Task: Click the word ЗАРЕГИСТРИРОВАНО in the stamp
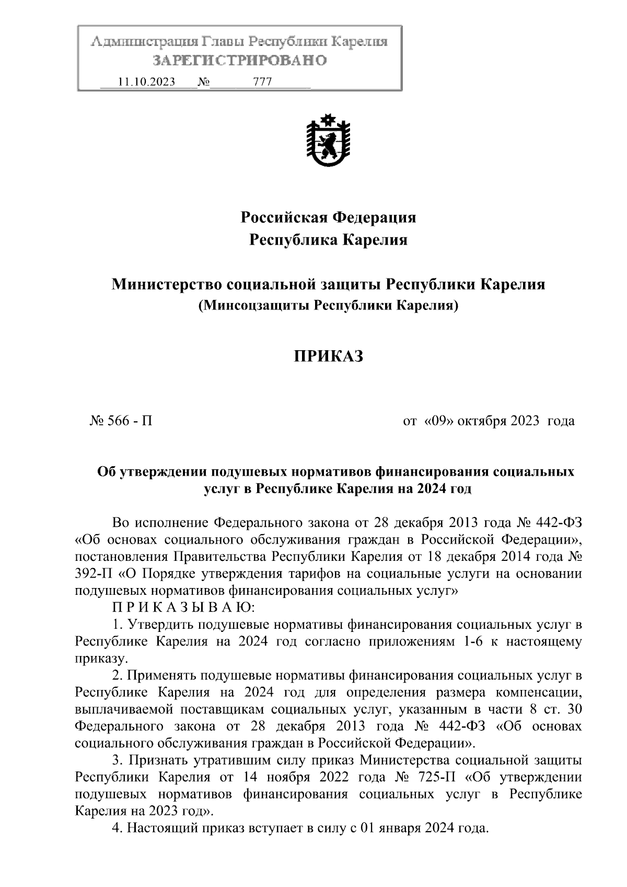tap(240, 61)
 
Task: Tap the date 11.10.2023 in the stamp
tap(146, 82)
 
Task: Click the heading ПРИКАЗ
tap(328, 357)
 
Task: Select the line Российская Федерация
tap(328, 217)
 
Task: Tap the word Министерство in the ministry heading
tap(167, 285)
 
